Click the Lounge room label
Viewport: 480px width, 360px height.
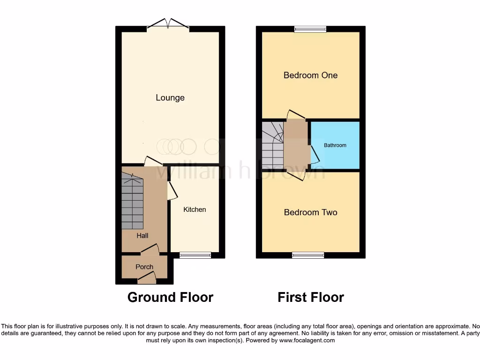170,97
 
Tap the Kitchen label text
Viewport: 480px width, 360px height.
195,210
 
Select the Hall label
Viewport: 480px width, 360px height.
142,236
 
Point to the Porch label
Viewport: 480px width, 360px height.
144,267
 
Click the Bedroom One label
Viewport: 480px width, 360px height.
310,75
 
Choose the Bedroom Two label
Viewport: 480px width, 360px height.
310,212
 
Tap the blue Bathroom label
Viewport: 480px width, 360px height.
335,145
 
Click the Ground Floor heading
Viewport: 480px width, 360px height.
170,297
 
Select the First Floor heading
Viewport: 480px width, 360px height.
310,297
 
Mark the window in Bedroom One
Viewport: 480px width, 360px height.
310,29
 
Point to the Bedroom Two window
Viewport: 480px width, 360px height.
308,255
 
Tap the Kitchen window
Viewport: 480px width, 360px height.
195,255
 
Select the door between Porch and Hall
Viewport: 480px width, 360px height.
150,249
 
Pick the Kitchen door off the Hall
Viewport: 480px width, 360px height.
172,191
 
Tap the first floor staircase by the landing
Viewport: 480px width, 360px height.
273,145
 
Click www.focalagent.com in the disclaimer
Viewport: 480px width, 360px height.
307,340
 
